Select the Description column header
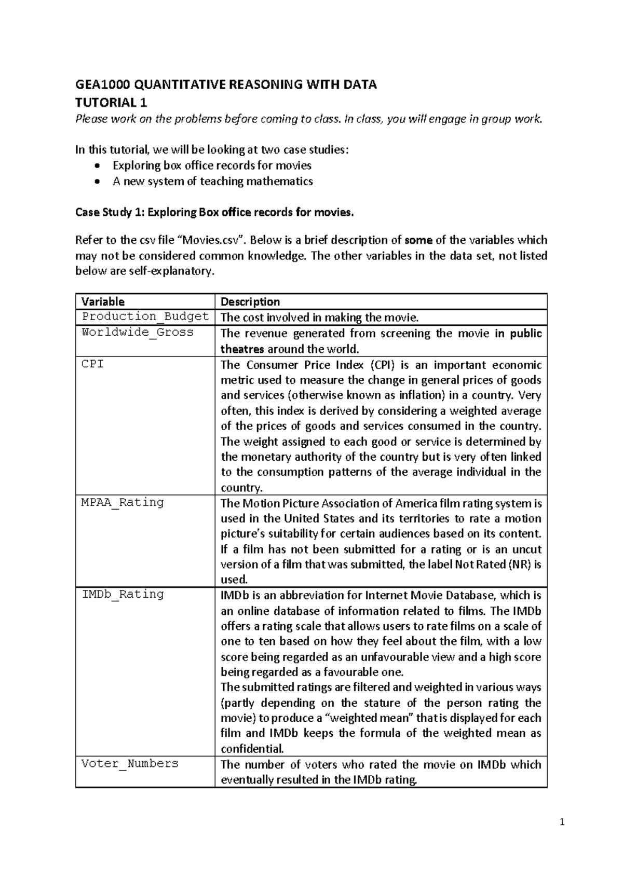(x=250, y=302)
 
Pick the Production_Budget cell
(x=145, y=317)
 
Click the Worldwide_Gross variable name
(x=137, y=332)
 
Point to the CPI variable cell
(x=93, y=364)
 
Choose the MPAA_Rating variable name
(x=123, y=502)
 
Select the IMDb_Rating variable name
(x=123, y=594)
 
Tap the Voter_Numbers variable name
(x=130, y=763)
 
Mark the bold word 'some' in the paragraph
(x=418, y=240)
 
